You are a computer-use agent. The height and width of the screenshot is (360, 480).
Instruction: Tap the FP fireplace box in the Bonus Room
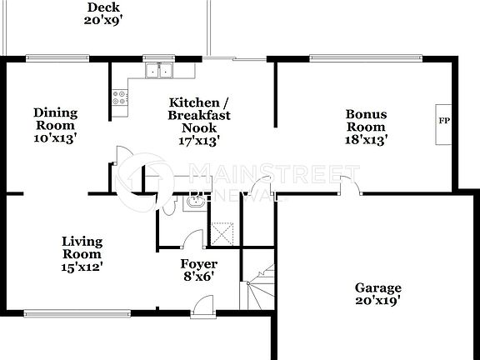tap(444, 122)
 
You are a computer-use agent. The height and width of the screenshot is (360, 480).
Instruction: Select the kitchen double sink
tap(157, 70)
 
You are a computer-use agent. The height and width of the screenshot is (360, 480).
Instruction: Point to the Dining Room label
tap(56, 119)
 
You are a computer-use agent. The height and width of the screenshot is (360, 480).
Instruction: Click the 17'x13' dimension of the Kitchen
tap(198, 142)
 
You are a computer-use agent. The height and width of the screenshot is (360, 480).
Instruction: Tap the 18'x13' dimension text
tap(367, 141)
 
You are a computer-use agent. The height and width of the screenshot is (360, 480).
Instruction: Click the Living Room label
tap(82, 247)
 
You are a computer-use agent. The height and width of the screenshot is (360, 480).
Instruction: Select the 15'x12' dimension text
tap(82, 267)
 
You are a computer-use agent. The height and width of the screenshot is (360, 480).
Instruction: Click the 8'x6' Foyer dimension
tap(199, 277)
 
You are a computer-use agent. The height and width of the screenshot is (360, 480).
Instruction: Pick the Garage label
tap(378, 287)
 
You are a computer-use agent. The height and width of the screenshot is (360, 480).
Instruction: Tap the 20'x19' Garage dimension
tap(378, 302)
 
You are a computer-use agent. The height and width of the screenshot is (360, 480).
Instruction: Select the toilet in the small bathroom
tap(170, 205)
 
